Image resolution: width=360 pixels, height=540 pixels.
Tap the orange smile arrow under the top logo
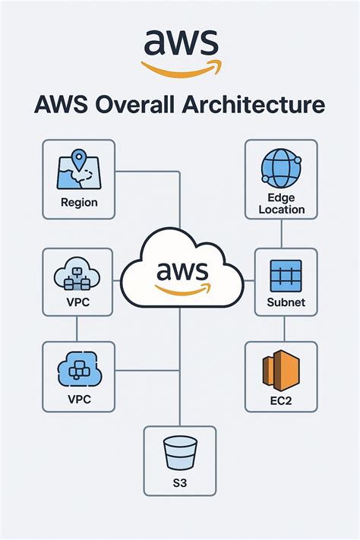tap(180, 67)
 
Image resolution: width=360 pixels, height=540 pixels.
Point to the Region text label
tap(79, 203)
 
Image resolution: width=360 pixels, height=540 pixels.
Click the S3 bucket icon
tap(180, 454)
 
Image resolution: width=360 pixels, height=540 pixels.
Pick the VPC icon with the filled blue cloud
tap(79, 370)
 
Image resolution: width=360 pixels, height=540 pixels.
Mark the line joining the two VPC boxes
tap(78, 329)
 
